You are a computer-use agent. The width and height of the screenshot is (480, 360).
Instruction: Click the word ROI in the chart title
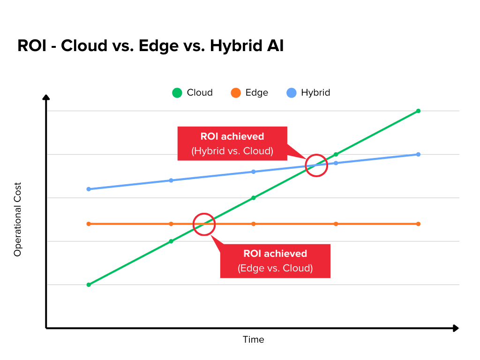[x=31, y=47]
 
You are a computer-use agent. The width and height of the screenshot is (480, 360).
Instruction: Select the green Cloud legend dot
[x=177, y=93]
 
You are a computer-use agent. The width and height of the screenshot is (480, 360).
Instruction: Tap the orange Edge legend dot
[x=235, y=93]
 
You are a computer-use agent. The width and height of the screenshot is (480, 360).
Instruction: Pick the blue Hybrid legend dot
[x=291, y=93]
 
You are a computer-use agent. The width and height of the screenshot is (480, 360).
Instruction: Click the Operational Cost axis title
[x=18, y=219]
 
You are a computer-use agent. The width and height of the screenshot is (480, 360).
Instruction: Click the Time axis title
[x=253, y=339]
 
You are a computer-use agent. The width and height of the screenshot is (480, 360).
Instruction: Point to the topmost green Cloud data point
[x=418, y=111]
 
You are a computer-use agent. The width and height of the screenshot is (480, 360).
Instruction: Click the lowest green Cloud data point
[x=89, y=285]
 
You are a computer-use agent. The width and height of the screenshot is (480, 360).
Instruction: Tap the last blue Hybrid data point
[x=418, y=154]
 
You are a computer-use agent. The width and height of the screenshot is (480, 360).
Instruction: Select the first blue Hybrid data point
[x=89, y=189]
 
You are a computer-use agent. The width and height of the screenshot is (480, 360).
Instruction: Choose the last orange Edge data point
[x=418, y=224]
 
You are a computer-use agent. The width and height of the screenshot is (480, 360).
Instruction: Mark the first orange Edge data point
[x=89, y=224]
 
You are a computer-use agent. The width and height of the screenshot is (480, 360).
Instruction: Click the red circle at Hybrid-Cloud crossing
[x=316, y=165]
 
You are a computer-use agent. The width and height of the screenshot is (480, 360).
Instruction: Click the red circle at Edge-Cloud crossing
[x=204, y=224]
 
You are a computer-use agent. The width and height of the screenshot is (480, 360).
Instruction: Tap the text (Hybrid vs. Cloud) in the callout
[x=232, y=151]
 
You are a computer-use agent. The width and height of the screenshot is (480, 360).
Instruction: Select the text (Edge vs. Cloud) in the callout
[x=275, y=269]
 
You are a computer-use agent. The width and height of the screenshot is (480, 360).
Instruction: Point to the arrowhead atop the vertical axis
[x=46, y=97]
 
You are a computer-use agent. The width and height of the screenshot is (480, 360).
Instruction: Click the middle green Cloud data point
[x=254, y=198]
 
